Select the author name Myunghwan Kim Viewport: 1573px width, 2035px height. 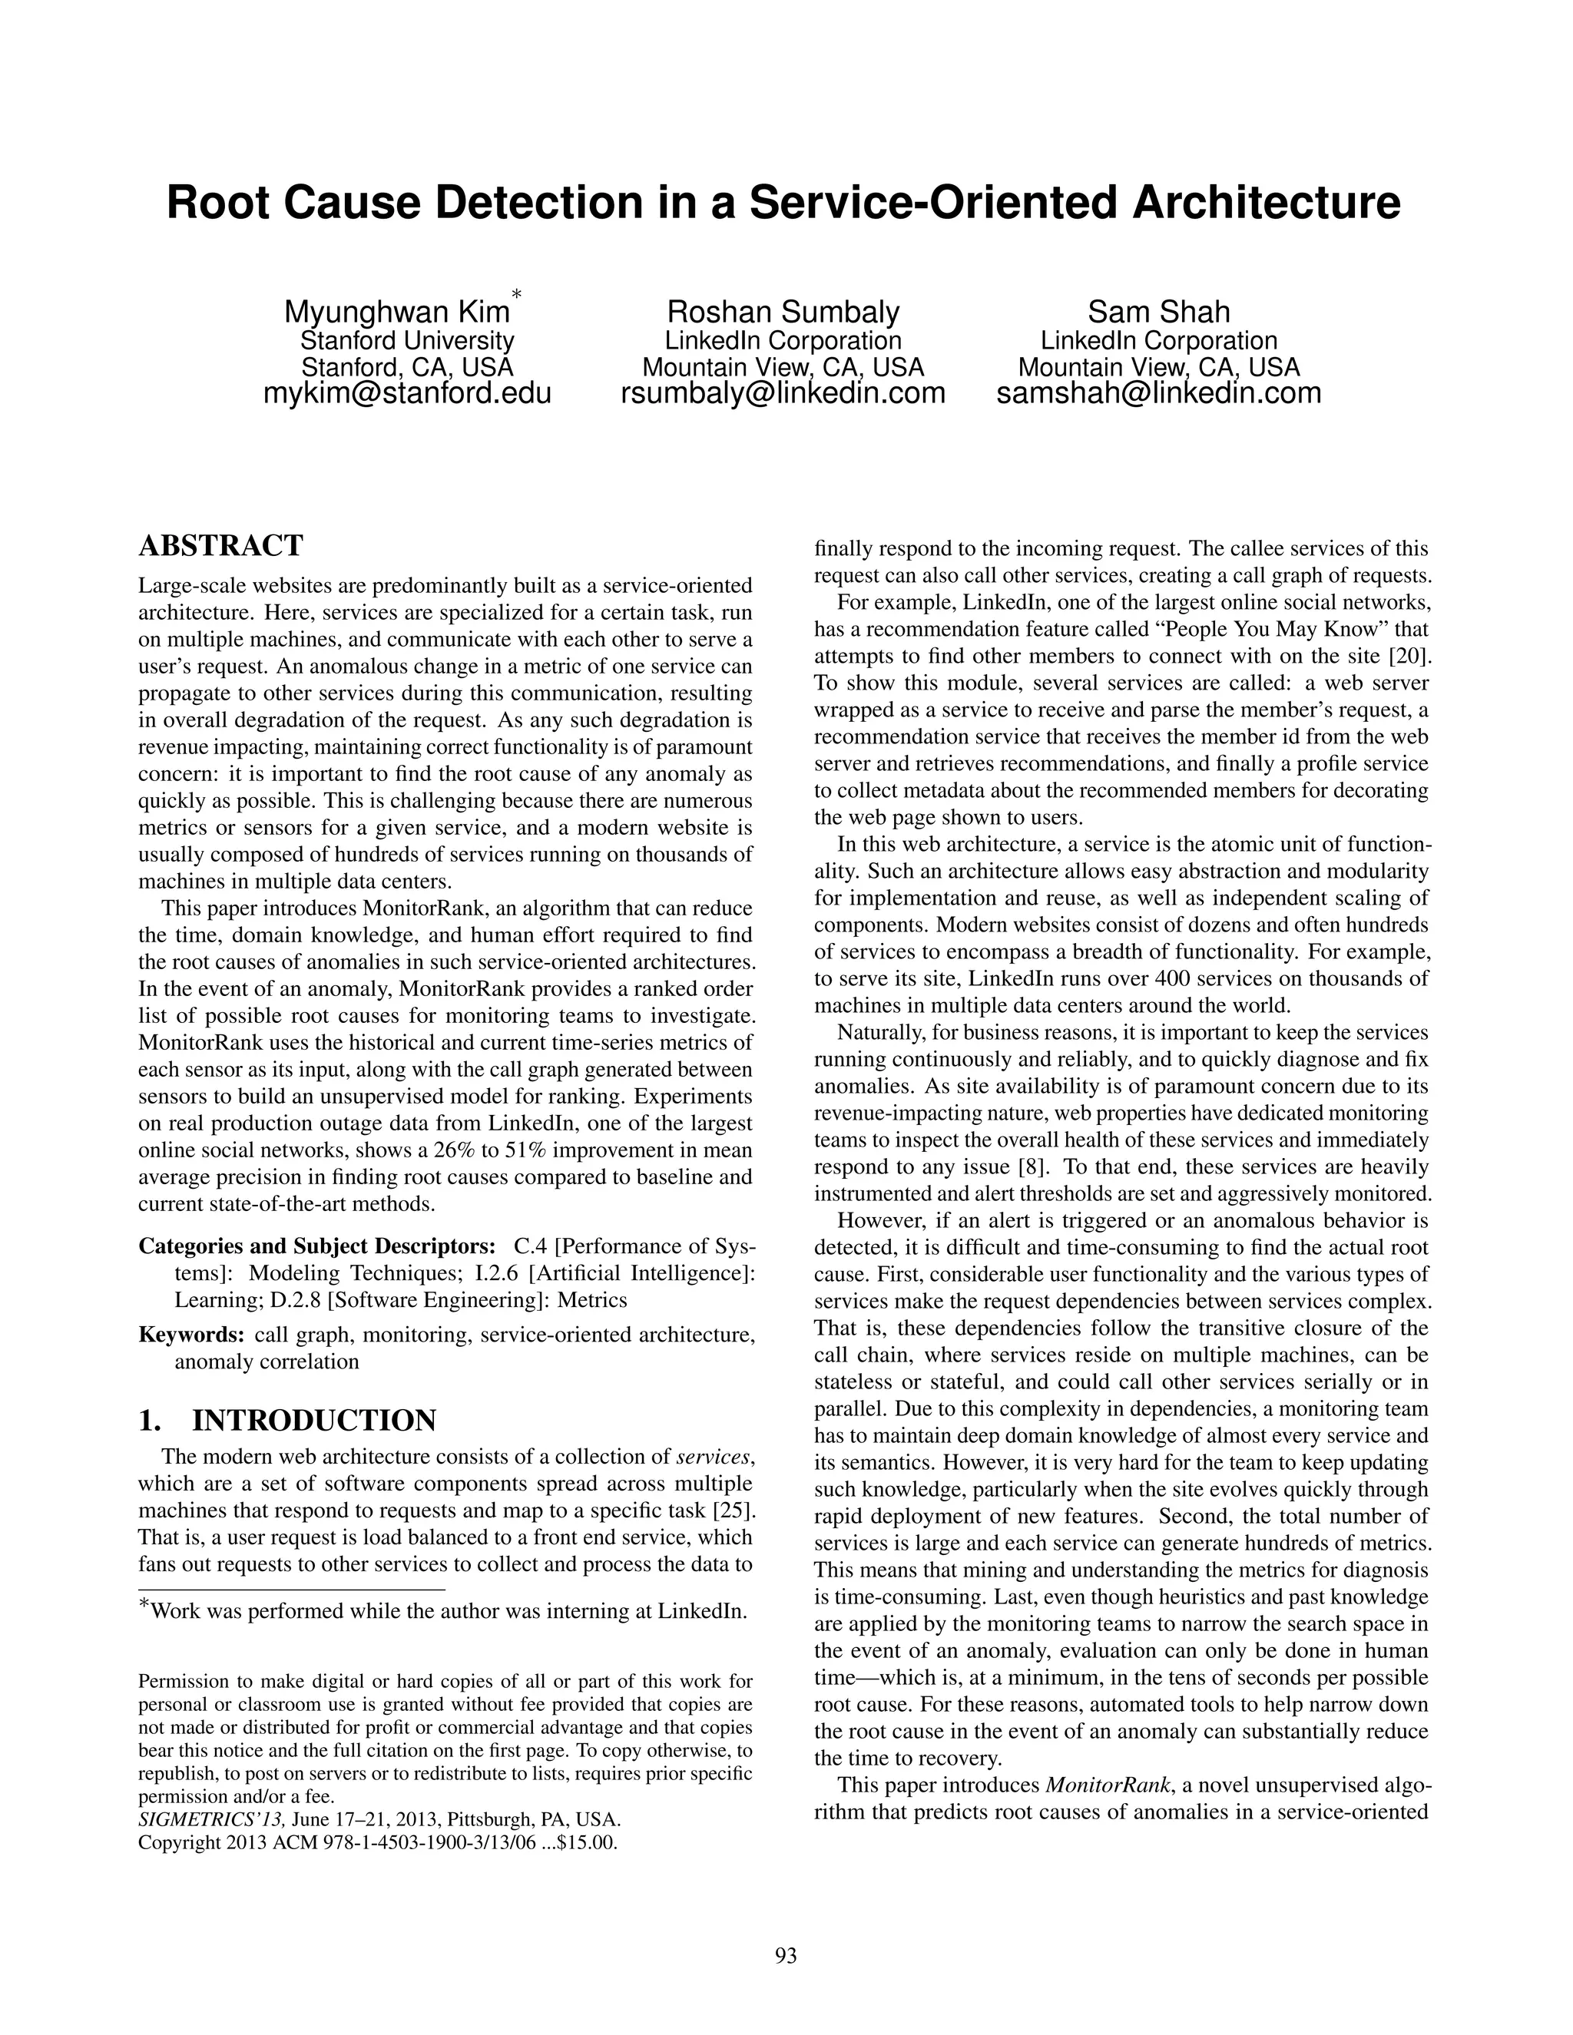397,312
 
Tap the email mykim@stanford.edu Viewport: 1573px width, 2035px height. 407,393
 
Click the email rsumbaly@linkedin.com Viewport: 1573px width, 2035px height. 783,393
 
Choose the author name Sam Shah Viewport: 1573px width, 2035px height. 1158,312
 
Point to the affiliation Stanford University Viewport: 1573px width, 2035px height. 407,341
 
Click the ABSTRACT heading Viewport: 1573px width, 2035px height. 221,545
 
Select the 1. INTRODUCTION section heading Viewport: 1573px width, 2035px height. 287,1421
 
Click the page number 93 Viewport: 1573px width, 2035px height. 786,1956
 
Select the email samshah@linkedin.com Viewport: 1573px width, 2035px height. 1158,393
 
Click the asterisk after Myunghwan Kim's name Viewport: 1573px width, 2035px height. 515,296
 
